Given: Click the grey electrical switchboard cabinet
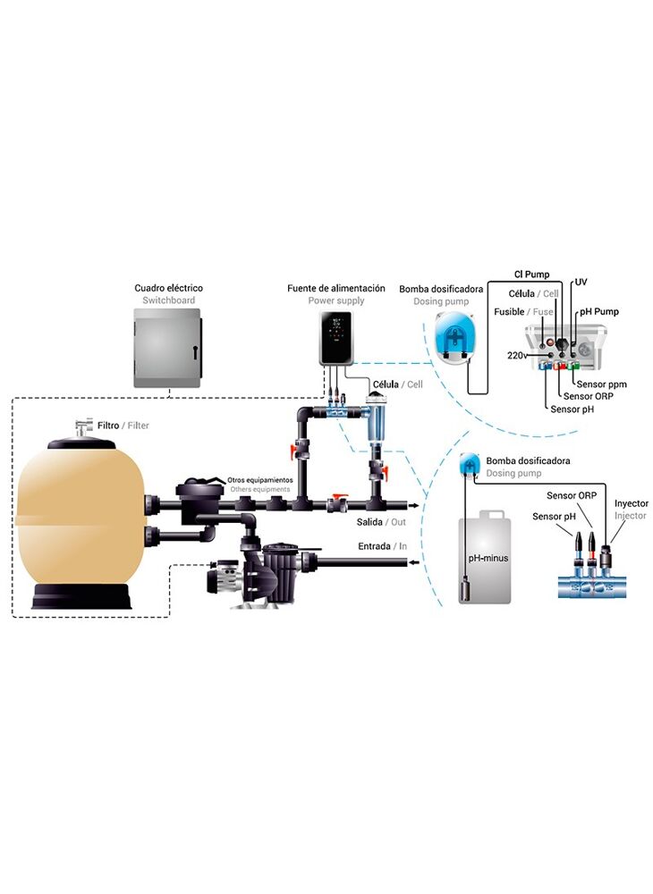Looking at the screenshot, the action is [x=167, y=348].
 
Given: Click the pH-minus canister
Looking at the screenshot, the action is [x=484, y=557].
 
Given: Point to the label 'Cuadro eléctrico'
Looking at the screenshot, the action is [x=169, y=288].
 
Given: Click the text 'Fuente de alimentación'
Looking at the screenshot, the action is [x=336, y=288].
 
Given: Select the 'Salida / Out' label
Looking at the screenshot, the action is [x=381, y=522].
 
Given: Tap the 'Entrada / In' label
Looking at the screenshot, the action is [x=382, y=546].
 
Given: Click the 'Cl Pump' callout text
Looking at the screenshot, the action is [x=531, y=274].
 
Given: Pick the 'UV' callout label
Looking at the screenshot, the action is [x=581, y=283].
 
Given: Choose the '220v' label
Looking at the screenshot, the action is [x=517, y=355].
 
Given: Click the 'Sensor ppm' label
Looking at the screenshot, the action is [x=601, y=384].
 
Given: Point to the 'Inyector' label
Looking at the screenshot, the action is [x=631, y=503].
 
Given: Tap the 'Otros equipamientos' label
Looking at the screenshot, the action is [x=260, y=480].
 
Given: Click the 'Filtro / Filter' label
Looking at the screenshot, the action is [x=123, y=426].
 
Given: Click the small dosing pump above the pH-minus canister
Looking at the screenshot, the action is [x=470, y=464].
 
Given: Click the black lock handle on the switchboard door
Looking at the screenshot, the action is [x=194, y=351].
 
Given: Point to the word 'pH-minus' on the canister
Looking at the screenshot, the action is [x=488, y=558].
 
